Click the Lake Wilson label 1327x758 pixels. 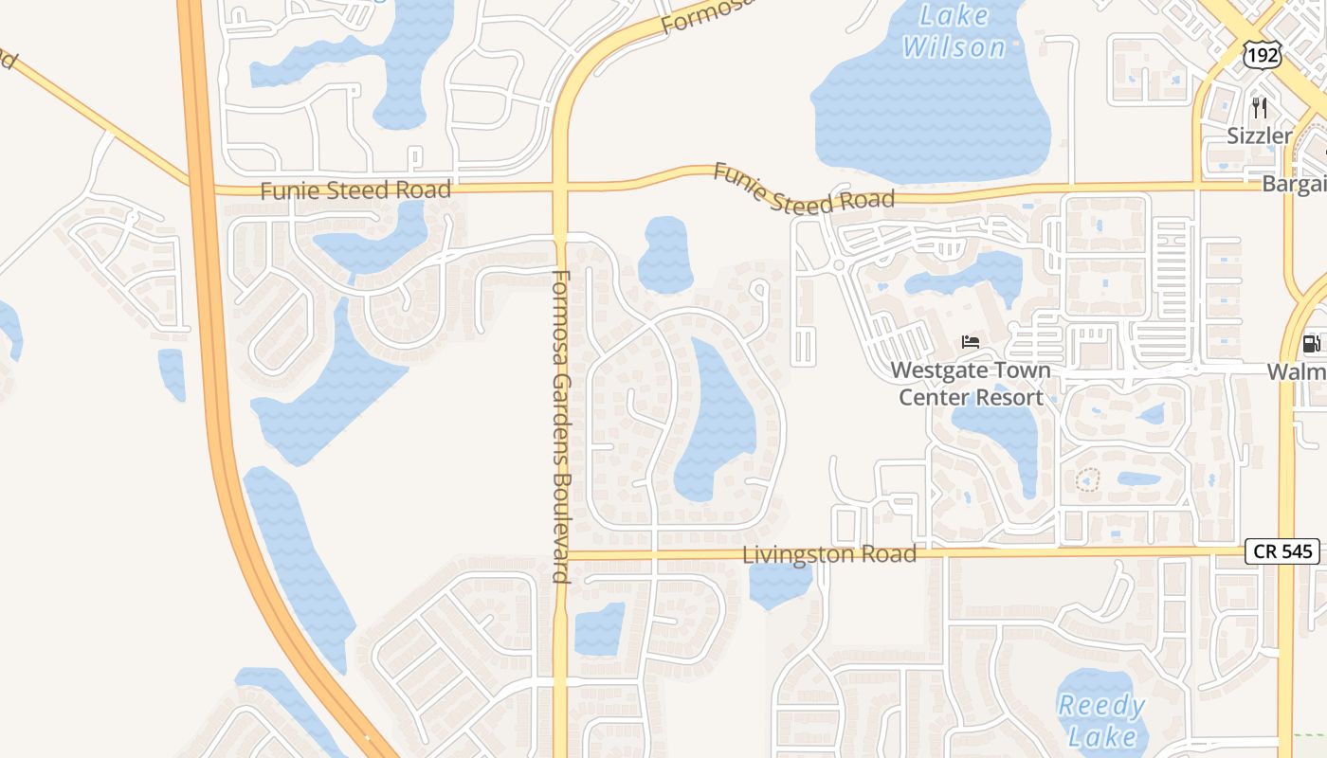pyautogui.click(x=954, y=30)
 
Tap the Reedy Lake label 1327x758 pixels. pyautogui.click(x=1101, y=720)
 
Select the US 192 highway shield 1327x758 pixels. pyautogui.click(x=1263, y=55)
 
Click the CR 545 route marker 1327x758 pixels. pyautogui.click(x=1282, y=550)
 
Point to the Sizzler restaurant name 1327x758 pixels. pyautogui.click(x=1259, y=135)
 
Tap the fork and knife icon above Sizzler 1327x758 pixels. pyautogui.click(x=1259, y=108)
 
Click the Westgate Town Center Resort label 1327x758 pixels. pyautogui.click(x=970, y=384)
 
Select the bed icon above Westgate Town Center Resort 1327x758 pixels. pyautogui.click(x=970, y=342)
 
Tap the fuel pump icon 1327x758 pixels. pyautogui.click(x=1312, y=344)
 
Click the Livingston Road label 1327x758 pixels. pyautogui.click(x=829, y=554)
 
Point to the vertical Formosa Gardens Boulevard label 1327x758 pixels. pyautogui.click(x=560, y=426)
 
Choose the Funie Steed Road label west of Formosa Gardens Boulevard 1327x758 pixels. pyautogui.click(x=355, y=190)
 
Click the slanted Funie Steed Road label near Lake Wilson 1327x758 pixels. pyautogui.click(x=804, y=188)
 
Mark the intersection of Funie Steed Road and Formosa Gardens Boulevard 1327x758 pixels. pyautogui.click(x=560, y=188)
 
